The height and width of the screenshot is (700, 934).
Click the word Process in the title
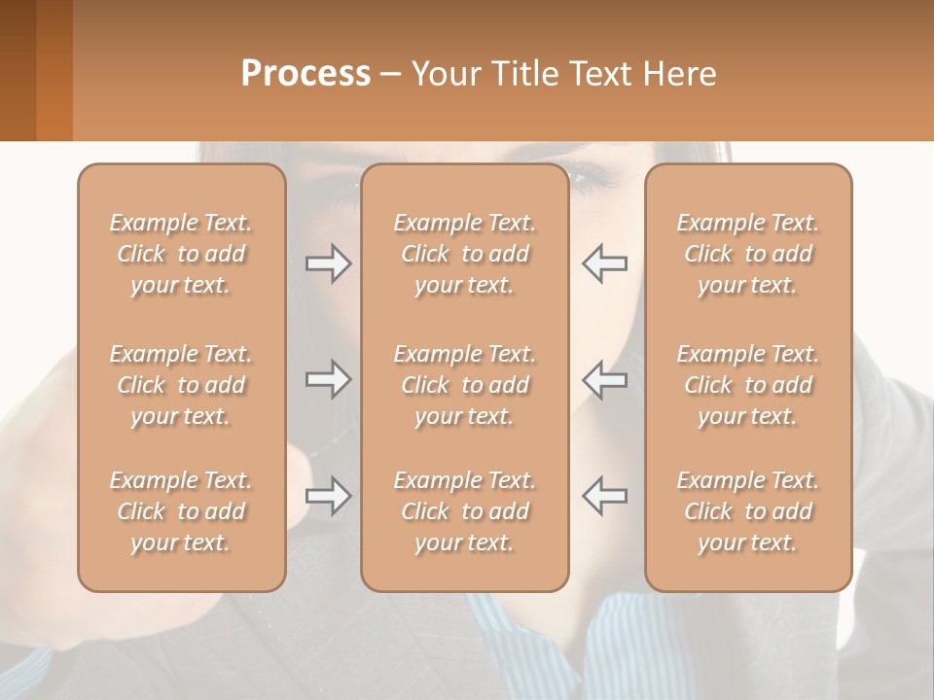[305, 74]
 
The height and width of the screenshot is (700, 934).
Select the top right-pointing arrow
[328, 263]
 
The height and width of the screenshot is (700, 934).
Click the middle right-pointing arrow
[328, 379]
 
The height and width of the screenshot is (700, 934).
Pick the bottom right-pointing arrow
[328, 496]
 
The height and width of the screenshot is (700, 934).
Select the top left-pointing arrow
[604, 263]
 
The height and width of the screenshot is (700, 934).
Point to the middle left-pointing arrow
[604, 379]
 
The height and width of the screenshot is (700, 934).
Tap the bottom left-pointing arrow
[604, 496]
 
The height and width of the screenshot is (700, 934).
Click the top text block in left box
[181, 254]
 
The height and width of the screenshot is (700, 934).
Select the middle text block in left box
[181, 385]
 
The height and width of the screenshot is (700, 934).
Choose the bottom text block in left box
[181, 511]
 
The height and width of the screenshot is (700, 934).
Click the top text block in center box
[464, 254]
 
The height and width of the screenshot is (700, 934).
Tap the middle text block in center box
[464, 385]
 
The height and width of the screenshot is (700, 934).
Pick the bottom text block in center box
[464, 511]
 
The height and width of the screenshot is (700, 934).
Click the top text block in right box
[747, 254]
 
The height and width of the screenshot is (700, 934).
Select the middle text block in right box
[747, 385]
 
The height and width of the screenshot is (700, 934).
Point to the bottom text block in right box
[747, 511]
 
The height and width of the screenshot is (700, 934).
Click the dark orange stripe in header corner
[54, 70]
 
